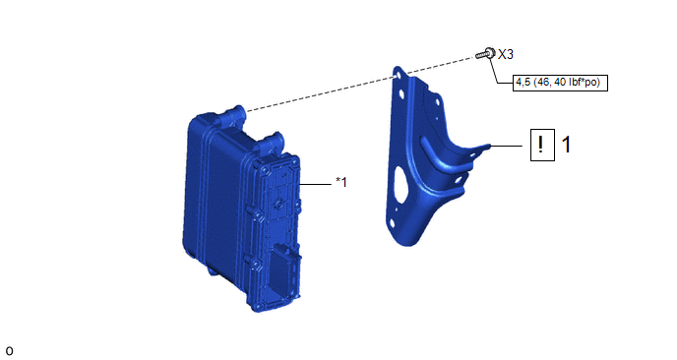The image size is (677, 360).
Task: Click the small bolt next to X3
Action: coord(485,54)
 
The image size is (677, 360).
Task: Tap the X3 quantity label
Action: coord(506,54)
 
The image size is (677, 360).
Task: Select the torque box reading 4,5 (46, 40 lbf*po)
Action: coord(560,82)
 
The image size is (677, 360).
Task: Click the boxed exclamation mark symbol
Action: coord(542,145)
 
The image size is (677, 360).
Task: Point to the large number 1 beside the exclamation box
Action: coord(566,145)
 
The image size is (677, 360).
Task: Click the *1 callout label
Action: coord(341,182)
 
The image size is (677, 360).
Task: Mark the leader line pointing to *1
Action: coord(315,184)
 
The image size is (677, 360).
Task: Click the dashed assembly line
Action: coord(361,84)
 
